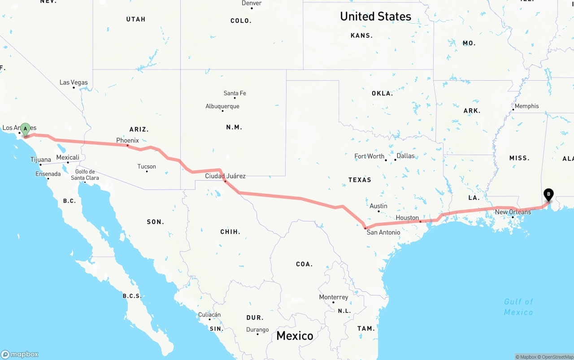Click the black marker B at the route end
(548, 195)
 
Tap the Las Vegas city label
(74, 82)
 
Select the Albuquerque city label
(222, 106)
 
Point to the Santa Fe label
(235, 93)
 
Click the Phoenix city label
(128, 140)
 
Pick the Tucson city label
(147, 166)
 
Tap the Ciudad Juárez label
(225, 176)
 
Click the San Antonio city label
(383, 232)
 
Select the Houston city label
(407, 218)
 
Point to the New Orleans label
(513, 212)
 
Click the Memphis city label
(527, 106)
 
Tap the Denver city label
(252, 3)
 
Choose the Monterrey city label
(334, 297)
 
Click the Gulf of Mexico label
(518, 307)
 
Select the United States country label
(375, 17)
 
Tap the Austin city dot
(379, 212)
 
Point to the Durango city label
(257, 330)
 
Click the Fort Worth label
(370, 156)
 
